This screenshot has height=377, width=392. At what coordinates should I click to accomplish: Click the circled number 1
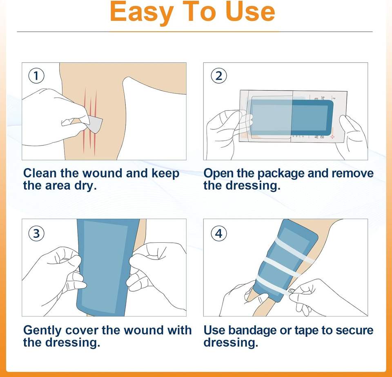(36, 76)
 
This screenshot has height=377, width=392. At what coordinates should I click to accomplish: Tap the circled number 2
(219, 76)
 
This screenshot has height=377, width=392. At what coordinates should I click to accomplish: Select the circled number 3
(36, 233)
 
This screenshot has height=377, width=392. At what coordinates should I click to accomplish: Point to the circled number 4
(219, 233)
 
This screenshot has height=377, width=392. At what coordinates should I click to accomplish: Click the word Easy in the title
(142, 12)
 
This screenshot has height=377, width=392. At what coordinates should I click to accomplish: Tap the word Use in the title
(250, 11)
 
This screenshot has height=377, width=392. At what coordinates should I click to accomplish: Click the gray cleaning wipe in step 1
(96, 124)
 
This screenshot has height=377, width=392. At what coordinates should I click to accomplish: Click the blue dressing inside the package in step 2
(292, 118)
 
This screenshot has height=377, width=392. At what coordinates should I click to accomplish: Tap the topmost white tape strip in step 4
(295, 251)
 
